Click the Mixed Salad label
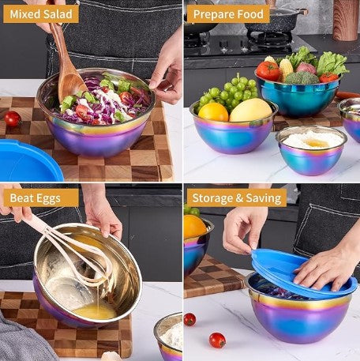[41, 14]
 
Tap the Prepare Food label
[228, 14]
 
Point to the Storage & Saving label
[237, 197]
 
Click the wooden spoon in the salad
[68, 69]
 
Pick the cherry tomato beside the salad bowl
[13, 118]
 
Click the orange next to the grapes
[213, 112]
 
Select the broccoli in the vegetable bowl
[302, 77]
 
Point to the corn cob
[286, 69]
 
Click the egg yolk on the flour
[316, 143]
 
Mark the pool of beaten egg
[96, 311]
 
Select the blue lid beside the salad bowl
[30, 160]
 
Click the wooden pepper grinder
[346, 21]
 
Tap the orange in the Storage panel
[194, 227]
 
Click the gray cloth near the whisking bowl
[22, 340]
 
